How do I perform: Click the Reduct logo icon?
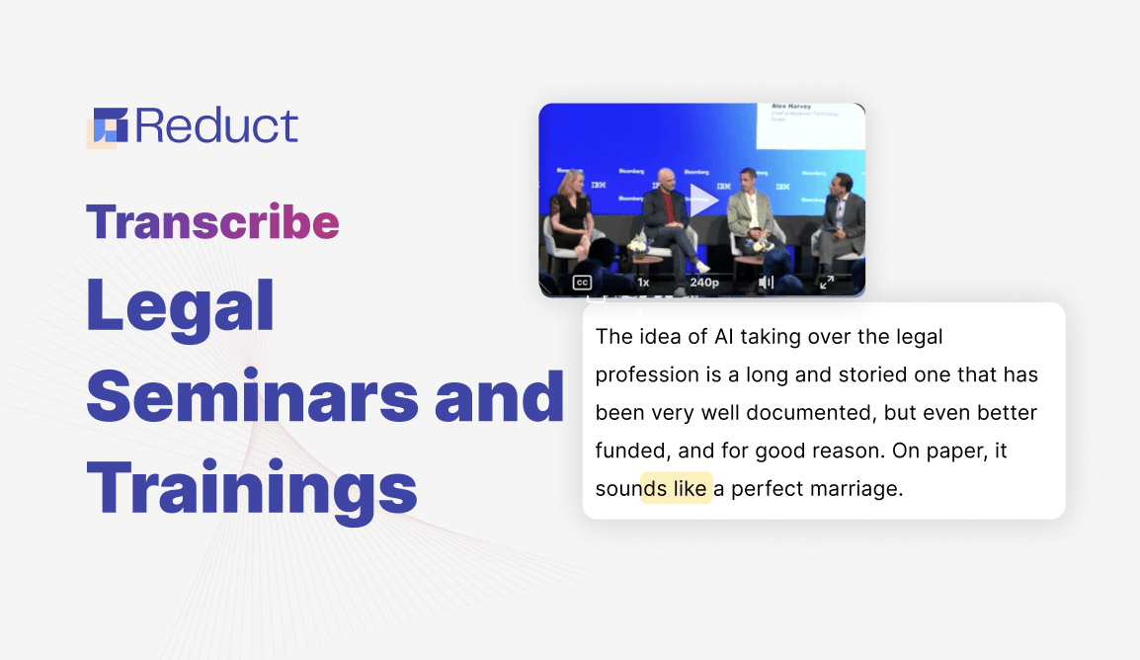point(107,126)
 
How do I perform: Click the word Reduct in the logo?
point(217,126)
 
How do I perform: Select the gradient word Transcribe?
point(212,222)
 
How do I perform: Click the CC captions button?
point(582,283)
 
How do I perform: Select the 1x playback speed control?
point(643,283)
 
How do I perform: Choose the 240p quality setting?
point(704,283)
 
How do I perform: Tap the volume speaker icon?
point(766,283)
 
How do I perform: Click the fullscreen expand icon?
point(827,283)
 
